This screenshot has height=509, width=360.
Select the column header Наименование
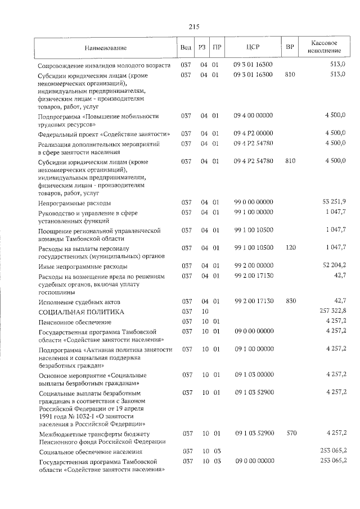106,48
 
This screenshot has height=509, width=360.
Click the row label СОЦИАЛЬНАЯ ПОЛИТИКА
81,311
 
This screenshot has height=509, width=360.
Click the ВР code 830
290,301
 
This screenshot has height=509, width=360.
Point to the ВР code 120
290,247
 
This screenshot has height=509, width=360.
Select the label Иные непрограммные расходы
82,266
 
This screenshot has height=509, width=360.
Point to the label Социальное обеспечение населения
90,452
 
